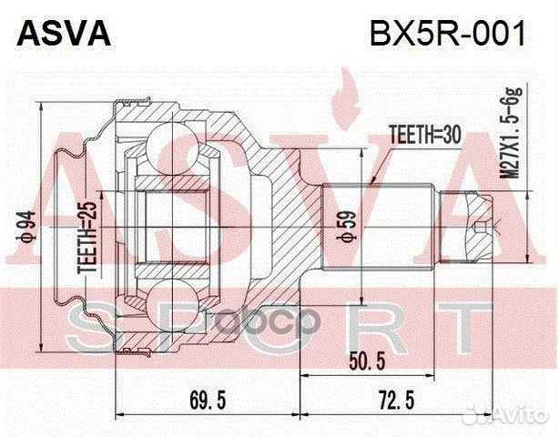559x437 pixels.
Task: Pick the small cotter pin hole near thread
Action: pos(497,221)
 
